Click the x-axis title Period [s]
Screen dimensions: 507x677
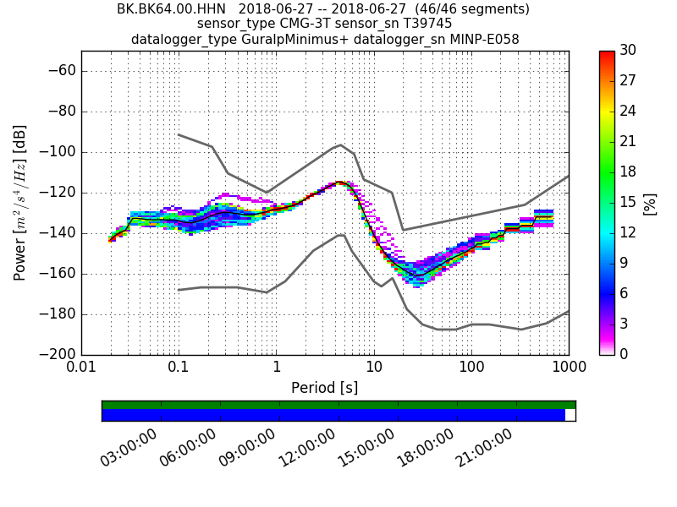325,388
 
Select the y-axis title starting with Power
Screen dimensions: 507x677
20,203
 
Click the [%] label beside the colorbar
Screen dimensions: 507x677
650,203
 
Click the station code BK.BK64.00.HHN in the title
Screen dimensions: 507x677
172,9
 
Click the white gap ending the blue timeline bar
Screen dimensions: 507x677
570,415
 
